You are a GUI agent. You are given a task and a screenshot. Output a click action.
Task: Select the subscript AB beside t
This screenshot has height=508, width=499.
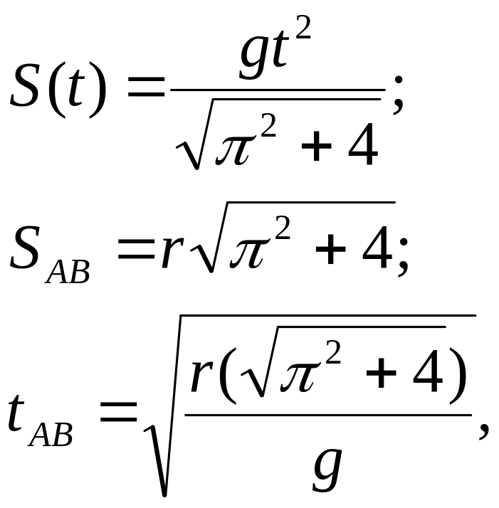pos(51,435)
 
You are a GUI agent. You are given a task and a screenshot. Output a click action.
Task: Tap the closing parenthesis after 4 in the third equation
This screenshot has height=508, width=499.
pos(456,376)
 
